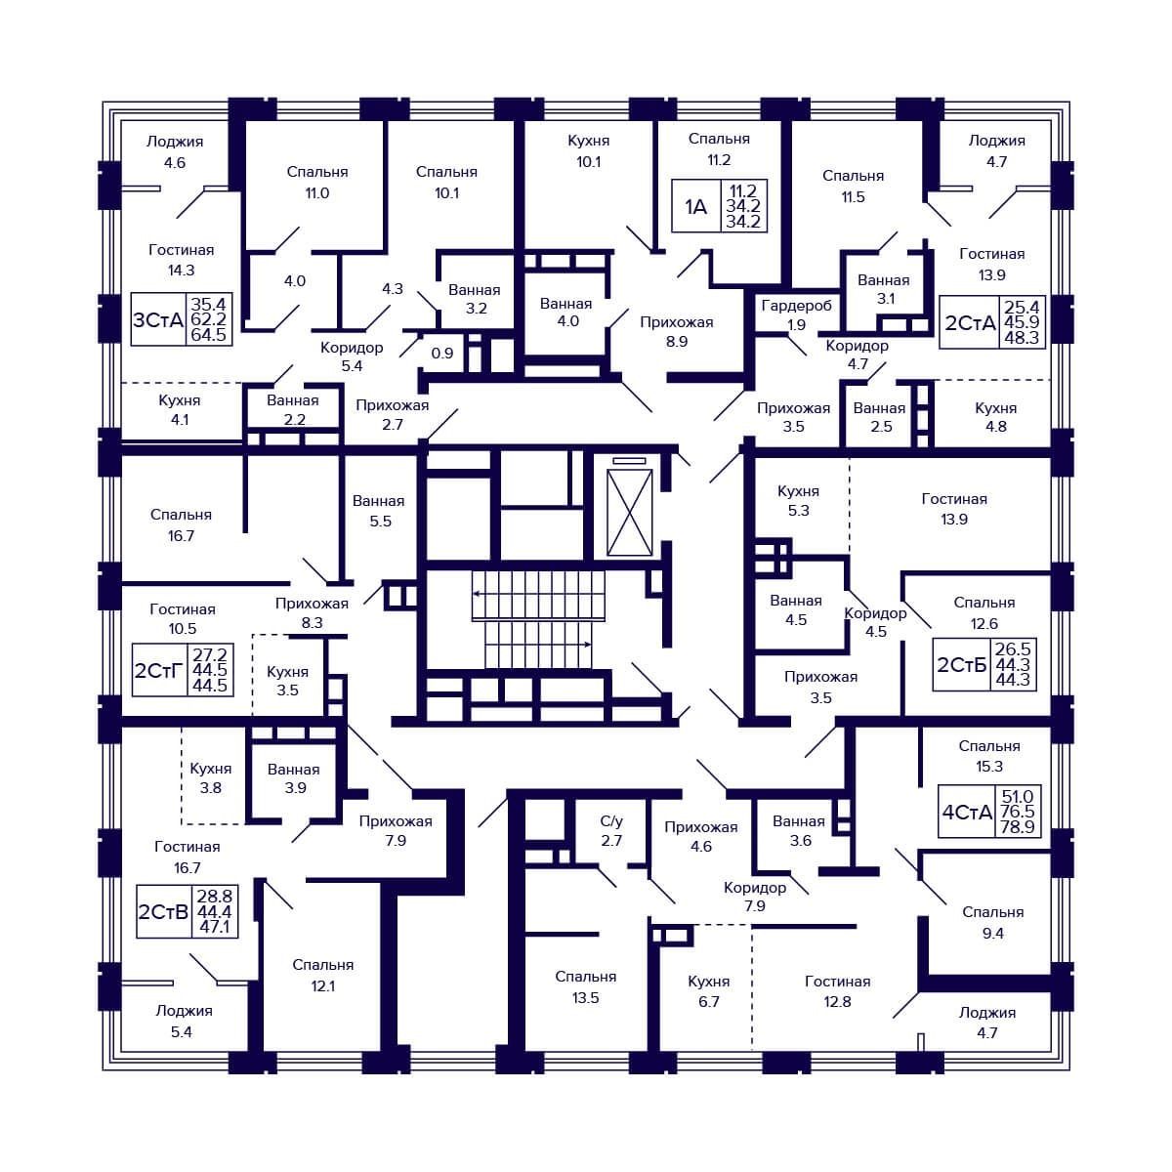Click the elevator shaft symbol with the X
click(x=630, y=512)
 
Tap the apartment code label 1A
click(x=695, y=207)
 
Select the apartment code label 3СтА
click(x=158, y=320)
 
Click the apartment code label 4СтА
click(x=967, y=812)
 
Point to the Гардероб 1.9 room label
click(x=796, y=314)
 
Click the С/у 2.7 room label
click(x=611, y=830)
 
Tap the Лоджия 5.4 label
click(x=184, y=1022)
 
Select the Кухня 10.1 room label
click(x=588, y=150)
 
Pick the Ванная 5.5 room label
click(x=379, y=511)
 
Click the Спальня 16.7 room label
click(x=182, y=524)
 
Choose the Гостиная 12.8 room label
click(x=837, y=991)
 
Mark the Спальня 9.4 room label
click(x=992, y=923)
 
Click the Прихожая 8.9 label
click(x=676, y=331)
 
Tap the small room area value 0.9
click(x=442, y=353)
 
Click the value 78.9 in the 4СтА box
click(x=1018, y=826)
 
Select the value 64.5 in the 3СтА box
click(x=209, y=335)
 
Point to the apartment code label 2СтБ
click(x=962, y=665)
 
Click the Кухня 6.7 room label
click(x=708, y=991)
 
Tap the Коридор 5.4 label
click(x=352, y=356)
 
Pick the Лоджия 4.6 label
click(x=175, y=152)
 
